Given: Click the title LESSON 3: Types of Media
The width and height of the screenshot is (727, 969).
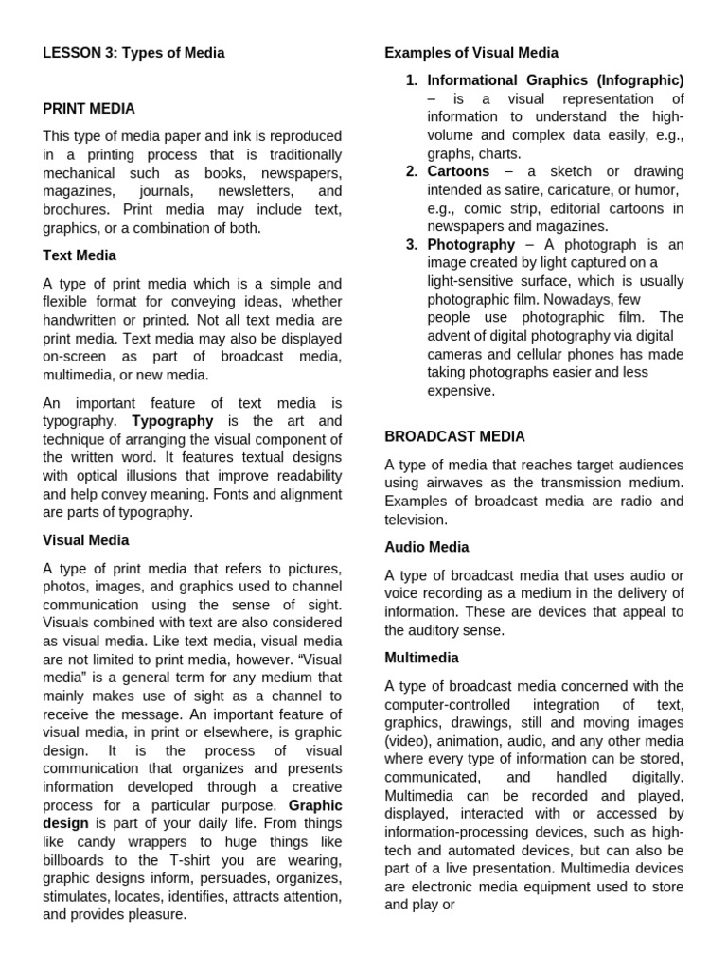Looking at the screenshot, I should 133,53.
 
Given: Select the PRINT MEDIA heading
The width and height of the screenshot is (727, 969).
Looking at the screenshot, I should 89,109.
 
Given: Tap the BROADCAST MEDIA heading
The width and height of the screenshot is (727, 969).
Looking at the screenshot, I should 454,436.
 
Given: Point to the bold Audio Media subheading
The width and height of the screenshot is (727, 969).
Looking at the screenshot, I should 426,547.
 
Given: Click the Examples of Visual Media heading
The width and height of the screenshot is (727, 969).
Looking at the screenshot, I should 471,53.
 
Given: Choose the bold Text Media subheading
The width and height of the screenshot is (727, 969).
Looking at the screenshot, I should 80,255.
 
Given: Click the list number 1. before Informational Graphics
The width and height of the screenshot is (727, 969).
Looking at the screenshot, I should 412,80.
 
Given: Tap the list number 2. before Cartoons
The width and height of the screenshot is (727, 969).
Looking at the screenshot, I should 412,171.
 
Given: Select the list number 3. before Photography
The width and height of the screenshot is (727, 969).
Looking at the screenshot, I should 412,245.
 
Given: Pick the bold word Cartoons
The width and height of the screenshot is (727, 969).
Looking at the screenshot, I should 458,171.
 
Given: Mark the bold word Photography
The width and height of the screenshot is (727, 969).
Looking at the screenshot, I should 470,245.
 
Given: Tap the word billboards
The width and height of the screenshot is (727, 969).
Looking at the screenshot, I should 79,859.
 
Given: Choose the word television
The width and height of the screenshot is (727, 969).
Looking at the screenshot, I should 416,520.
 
